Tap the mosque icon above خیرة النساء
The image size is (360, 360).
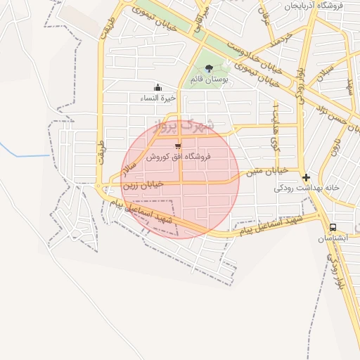157,88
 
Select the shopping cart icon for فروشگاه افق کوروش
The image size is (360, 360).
178,146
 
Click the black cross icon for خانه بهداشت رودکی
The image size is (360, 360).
306,177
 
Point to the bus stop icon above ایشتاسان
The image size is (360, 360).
332,227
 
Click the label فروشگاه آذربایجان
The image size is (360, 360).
313,6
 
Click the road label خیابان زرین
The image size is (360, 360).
143,185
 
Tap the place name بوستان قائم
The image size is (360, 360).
214,80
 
